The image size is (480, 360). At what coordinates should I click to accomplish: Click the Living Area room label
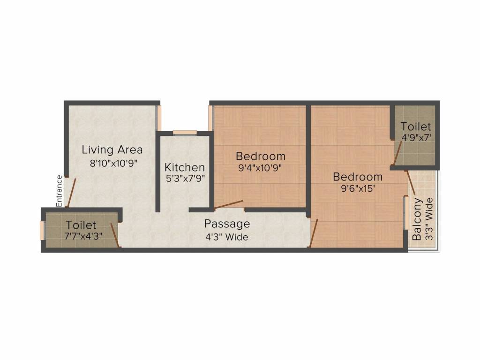(x=112, y=150)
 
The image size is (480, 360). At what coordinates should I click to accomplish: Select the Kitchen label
(x=184, y=167)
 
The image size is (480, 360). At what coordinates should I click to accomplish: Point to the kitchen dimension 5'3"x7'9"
(x=184, y=178)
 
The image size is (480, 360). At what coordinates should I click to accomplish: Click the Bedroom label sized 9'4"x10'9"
(x=260, y=156)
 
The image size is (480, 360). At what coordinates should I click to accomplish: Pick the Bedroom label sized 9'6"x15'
(x=358, y=177)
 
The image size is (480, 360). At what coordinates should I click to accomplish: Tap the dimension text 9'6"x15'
(x=358, y=189)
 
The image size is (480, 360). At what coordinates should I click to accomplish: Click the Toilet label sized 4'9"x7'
(x=416, y=127)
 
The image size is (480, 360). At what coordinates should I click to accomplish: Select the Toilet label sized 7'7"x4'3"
(x=81, y=225)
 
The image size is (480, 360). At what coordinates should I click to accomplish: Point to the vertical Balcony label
(x=417, y=219)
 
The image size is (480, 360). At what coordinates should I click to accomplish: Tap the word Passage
(x=227, y=224)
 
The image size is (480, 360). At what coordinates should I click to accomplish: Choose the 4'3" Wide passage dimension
(x=227, y=237)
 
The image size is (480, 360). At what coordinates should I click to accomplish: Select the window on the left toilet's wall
(x=42, y=230)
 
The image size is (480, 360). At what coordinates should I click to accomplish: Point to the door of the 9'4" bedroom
(x=229, y=204)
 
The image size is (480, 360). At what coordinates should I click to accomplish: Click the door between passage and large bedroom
(x=314, y=233)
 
